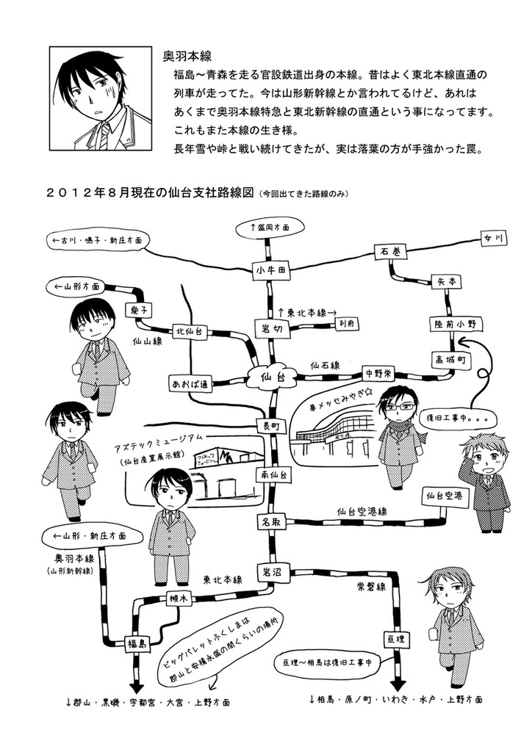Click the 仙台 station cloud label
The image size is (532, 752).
point(272,377)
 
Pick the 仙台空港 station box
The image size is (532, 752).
point(445,497)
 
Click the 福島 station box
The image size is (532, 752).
point(137,643)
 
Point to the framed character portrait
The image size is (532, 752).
point(99,96)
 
